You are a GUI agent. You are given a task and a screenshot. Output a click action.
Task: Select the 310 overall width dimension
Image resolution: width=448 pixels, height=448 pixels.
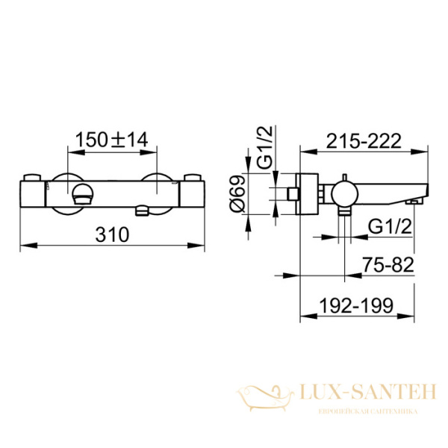click(x=113, y=234)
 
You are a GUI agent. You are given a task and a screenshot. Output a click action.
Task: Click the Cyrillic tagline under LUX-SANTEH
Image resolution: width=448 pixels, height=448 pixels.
click(x=370, y=411)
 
